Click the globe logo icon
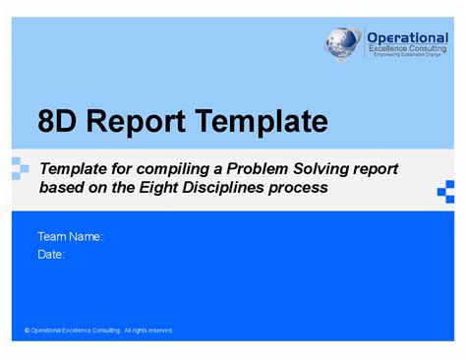click(344, 44)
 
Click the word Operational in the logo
click(407, 36)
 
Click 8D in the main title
click(61, 122)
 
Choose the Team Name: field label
click(70, 237)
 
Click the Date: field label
click(51, 254)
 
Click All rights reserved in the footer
click(148, 330)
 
